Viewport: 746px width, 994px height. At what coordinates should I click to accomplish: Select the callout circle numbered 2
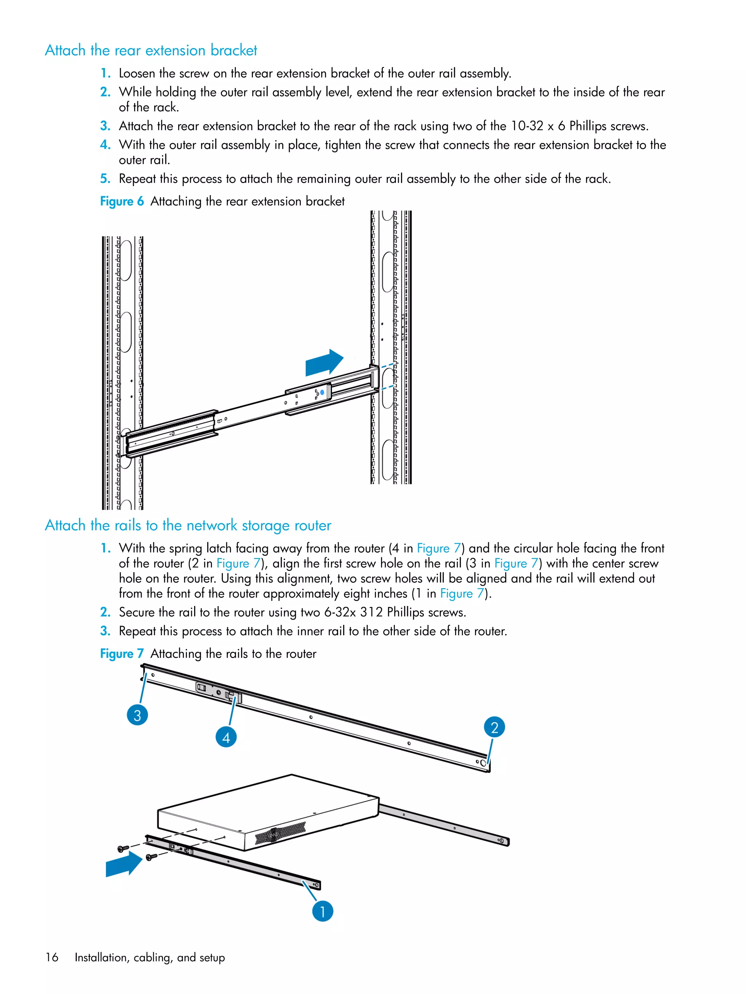(x=494, y=727)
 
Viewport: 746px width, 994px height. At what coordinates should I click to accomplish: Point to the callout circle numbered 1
(x=322, y=911)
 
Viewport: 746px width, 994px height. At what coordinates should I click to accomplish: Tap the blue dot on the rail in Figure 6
(x=322, y=392)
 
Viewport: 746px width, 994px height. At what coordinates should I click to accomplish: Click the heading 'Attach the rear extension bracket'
(x=151, y=50)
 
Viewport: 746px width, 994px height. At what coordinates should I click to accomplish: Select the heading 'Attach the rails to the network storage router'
(x=188, y=525)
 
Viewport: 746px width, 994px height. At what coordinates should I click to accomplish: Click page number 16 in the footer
(x=52, y=957)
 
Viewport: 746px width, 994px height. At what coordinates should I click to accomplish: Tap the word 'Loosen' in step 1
(x=137, y=73)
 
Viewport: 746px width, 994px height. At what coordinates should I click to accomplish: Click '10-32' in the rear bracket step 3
(x=527, y=126)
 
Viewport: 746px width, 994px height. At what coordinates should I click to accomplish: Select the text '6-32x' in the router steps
(x=340, y=612)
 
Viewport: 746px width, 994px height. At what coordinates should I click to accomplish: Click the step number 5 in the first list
(x=105, y=179)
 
